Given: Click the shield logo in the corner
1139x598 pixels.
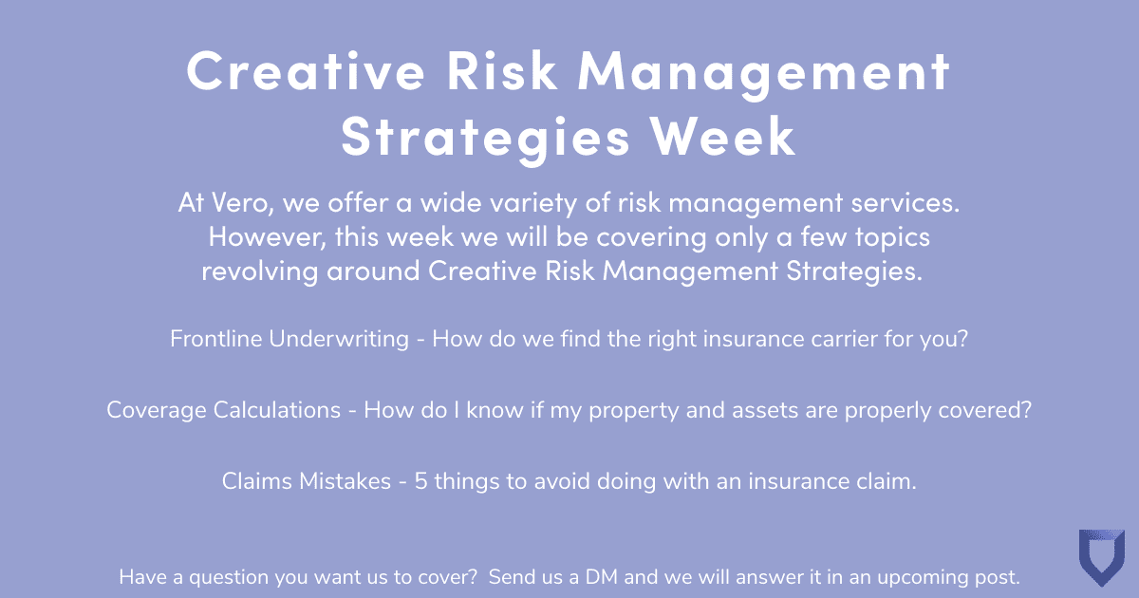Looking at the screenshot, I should click(1101, 557).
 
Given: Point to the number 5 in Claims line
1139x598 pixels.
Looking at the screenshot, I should click(415, 481).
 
